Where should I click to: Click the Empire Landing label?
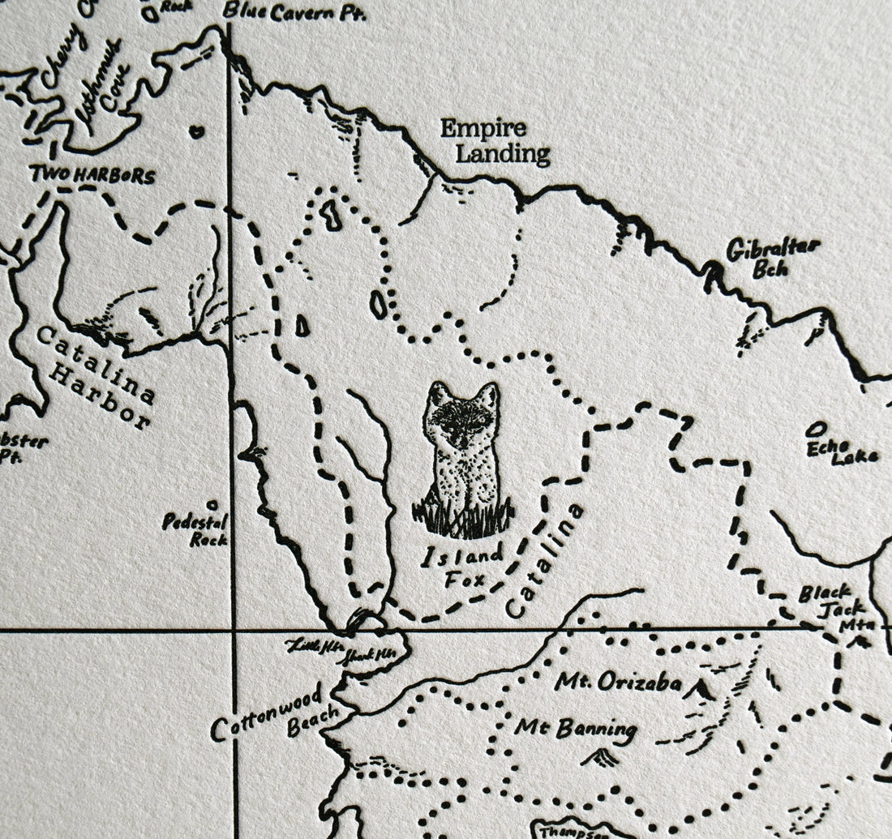click(x=494, y=141)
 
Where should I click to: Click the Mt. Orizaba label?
click(x=618, y=683)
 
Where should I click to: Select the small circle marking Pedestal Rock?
click(x=212, y=504)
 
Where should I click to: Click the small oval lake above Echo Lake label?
click(x=818, y=427)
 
